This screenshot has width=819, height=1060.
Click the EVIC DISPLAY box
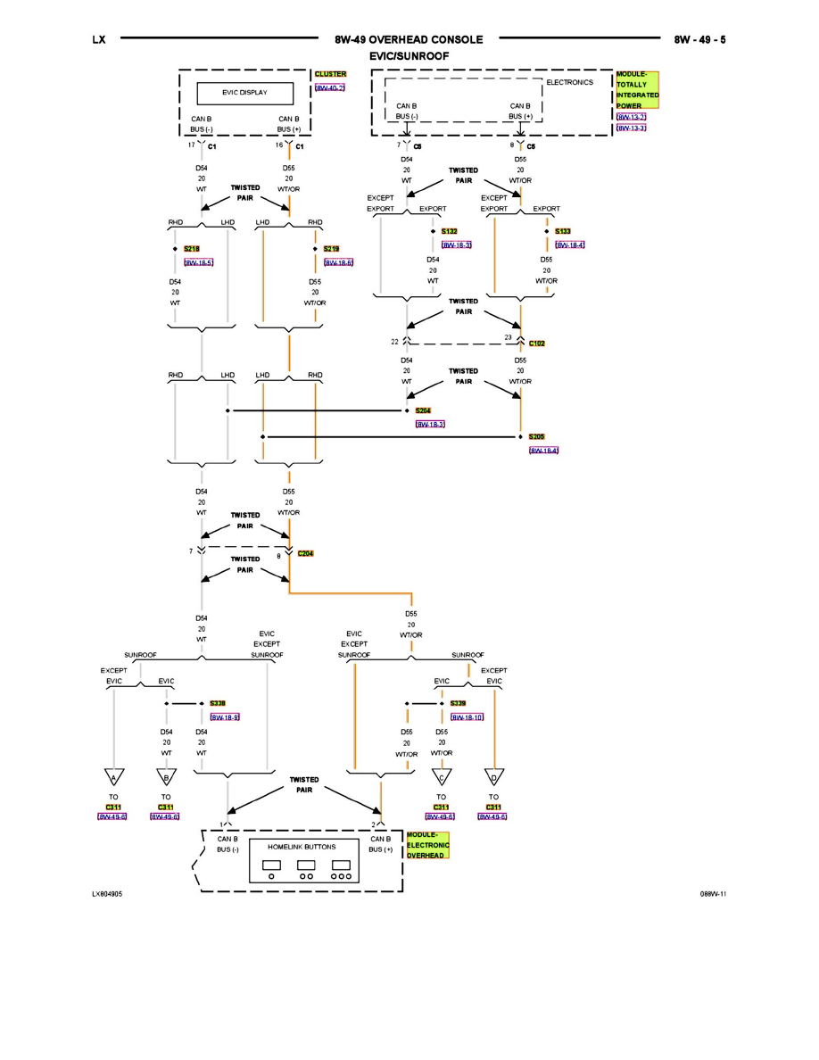[244, 93]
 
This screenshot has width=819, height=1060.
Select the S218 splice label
[191, 249]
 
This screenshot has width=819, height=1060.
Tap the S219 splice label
[331, 249]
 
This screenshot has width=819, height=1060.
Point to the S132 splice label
[449, 231]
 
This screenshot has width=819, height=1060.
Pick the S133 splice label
[562, 231]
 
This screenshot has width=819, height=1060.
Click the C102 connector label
[536, 343]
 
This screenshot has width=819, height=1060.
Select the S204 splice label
[423, 410]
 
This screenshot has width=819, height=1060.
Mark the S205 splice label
[536, 437]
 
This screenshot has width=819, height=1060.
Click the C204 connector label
[305, 553]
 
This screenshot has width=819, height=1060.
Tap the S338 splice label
[218, 703]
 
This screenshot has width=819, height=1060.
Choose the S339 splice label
[458, 703]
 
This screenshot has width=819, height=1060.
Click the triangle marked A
[113, 776]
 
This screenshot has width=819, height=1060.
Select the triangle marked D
[493, 776]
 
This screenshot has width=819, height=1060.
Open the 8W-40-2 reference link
[329, 88]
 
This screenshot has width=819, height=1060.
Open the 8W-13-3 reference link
[630, 128]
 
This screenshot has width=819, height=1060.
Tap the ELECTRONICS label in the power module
[569, 83]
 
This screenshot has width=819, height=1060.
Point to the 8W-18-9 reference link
[225, 716]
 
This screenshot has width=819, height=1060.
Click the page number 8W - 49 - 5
[699, 40]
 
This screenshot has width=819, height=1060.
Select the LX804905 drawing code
[107, 892]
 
